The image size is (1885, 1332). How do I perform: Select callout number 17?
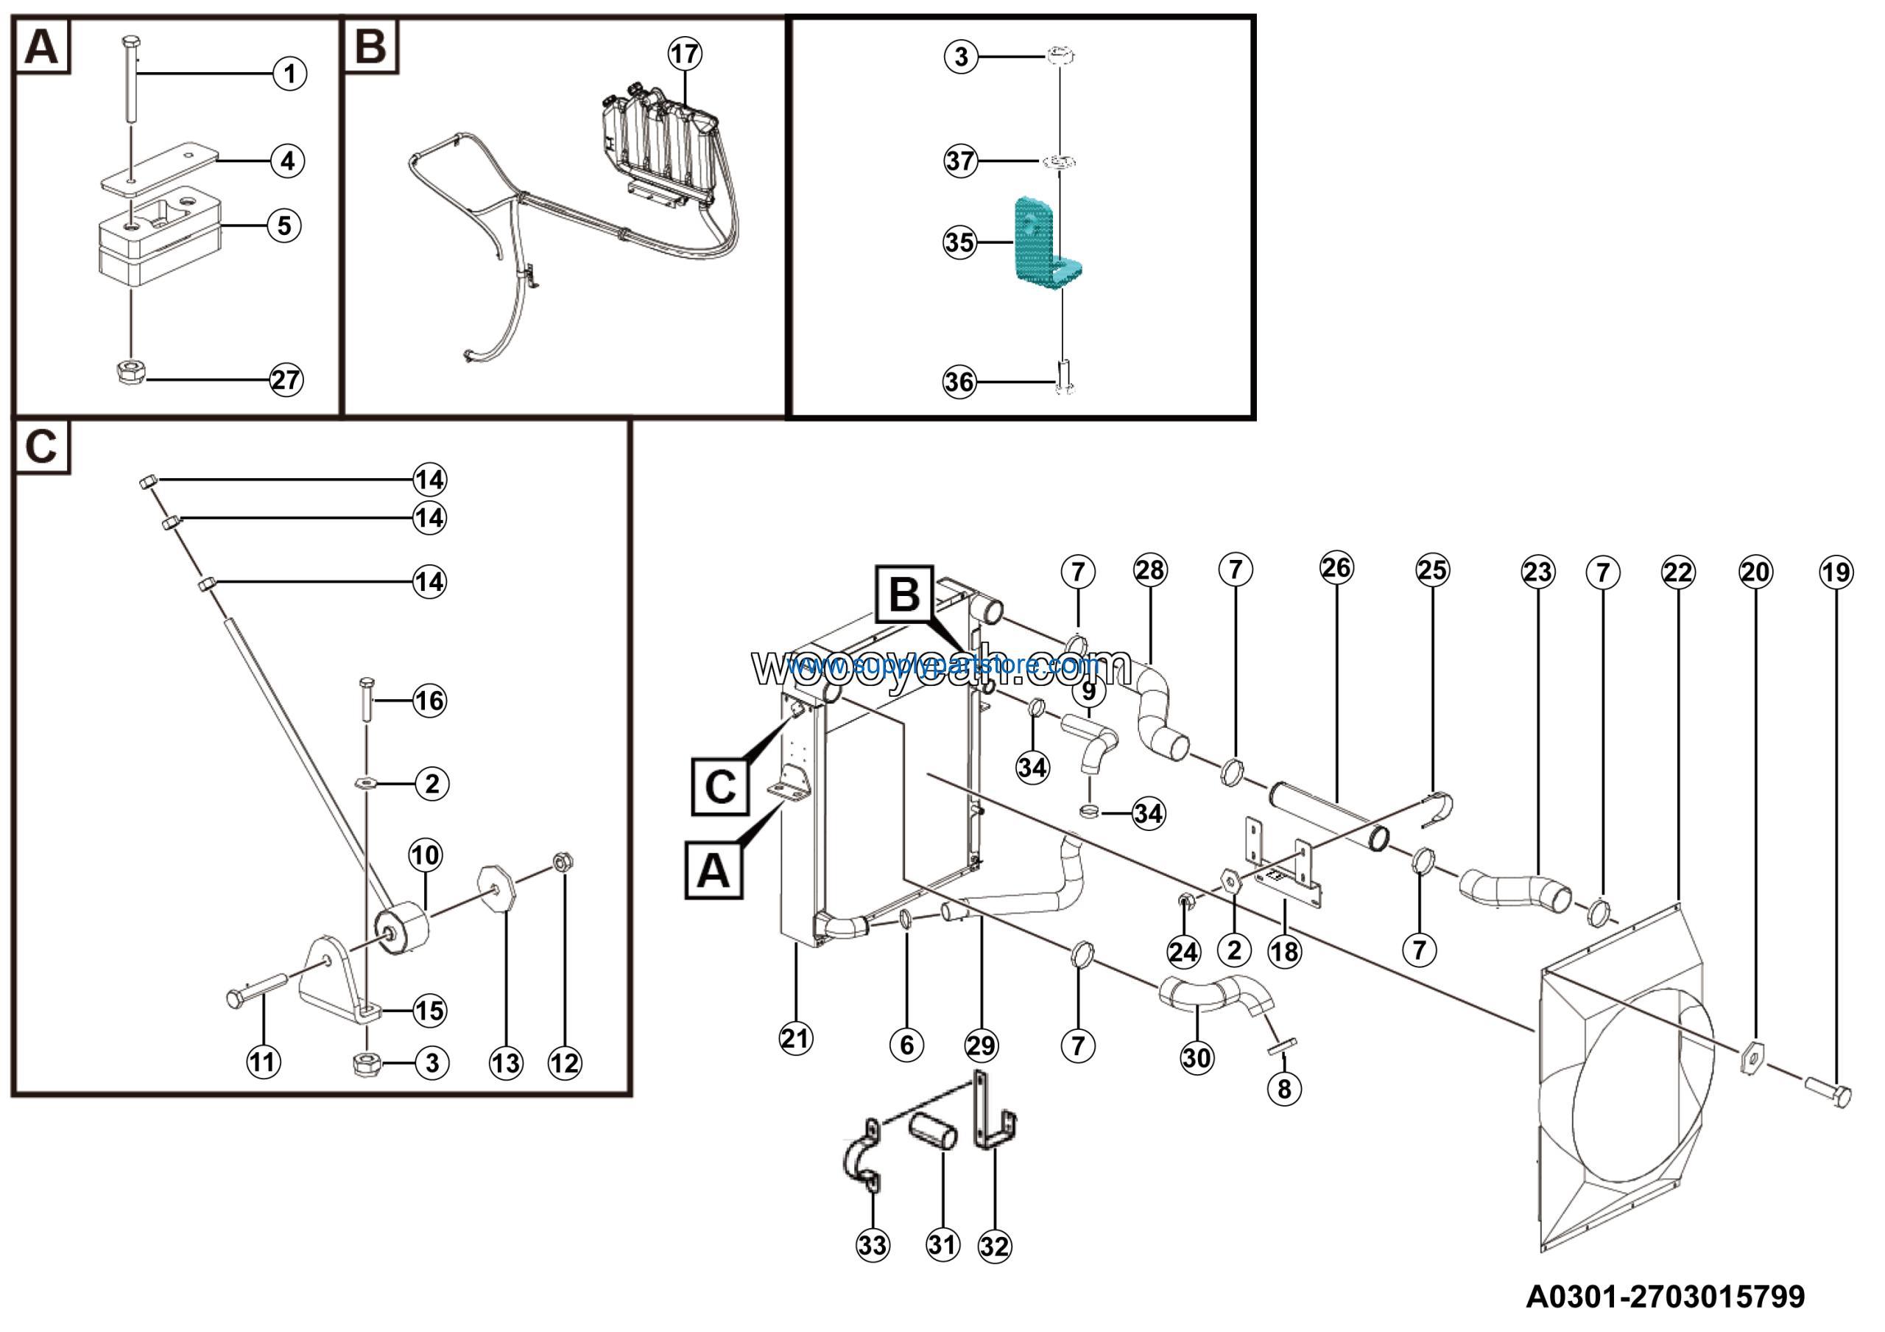(x=684, y=55)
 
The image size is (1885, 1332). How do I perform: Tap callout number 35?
(x=959, y=243)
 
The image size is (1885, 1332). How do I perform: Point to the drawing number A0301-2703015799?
(x=1665, y=1297)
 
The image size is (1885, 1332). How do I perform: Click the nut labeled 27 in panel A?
(x=130, y=374)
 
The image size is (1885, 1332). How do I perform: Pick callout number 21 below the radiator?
(x=794, y=1039)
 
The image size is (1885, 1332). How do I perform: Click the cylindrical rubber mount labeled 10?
(x=403, y=928)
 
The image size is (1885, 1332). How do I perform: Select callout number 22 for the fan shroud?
(x=1677, y=572)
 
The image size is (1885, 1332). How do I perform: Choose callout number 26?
(x=1336, y=567)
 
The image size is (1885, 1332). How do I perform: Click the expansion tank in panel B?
(x=657, y=148)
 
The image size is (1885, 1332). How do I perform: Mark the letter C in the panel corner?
(x=41, y=446)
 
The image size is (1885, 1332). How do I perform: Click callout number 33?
(x=872, y=1246)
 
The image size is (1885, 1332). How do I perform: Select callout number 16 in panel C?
(x=429, y=701)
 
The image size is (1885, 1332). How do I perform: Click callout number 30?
(x=1197, y=1058)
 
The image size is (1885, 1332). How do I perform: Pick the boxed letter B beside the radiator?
(x=904, y=594)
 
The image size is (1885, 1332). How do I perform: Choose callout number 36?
(x=959, y=382)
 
